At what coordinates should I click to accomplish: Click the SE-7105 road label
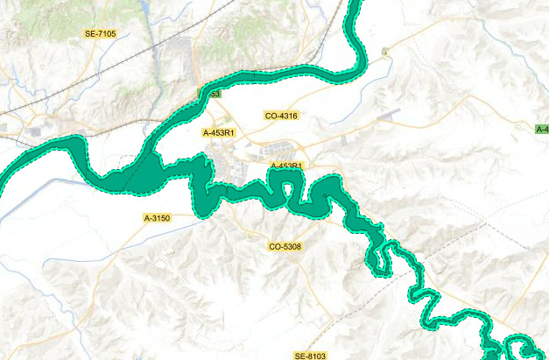pyautogui.click(x=100, y=33)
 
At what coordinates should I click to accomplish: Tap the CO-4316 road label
pyautogui.click(x=281, y=116)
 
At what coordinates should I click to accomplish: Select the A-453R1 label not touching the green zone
pyautogui.click(x=219, y=133)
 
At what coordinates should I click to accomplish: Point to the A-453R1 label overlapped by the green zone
pyautogui.click(x=286, y=166)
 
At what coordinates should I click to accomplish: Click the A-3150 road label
pyautogui.click(x=158, y=217)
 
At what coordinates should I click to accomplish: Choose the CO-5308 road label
pyautogui.click(x=285, y=247)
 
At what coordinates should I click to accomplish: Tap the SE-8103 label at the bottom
pyautogui.click(x=310, y=356)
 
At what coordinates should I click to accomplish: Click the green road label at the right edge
pyautogui.click(x=542, y=130)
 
